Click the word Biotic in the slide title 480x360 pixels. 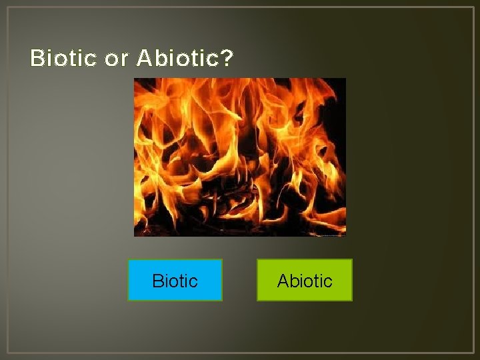[x=63, y=59]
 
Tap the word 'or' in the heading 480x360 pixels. [x=116, y=59]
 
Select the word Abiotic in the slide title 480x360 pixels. [x=177, y=59]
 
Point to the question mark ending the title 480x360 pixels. [x=227, y=59]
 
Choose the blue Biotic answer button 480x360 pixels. [x=175, y=280]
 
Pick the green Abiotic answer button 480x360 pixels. [x=304, y=280]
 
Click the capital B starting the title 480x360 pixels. [x=37, y=59]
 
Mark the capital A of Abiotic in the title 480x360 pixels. [x=144, y=59]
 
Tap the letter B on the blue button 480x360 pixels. [x=157, y=281]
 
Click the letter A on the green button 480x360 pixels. [x=283, y=281]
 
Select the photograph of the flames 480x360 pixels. [x=239, y=157]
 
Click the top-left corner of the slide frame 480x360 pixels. [x=7, y=7]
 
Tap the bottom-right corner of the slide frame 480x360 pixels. [x=473, y=353]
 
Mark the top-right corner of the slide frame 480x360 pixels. [x=473, y=7]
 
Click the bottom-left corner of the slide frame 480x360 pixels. [x=7, y=353]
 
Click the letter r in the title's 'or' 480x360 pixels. [x=123, y=60]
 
